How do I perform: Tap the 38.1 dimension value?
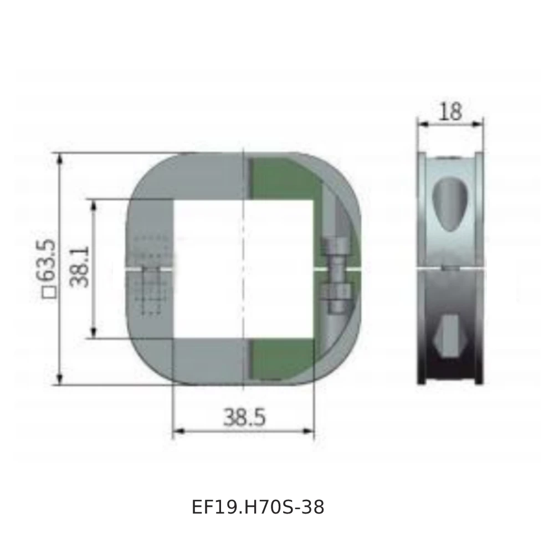(80, 267)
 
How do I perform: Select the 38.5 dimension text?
(244, 417)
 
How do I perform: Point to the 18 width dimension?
(450, 111)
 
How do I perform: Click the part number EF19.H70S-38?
(258, 507)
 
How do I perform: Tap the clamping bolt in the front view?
(336, 275)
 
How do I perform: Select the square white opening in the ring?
(244, 269)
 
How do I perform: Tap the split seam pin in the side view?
(450, 268)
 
